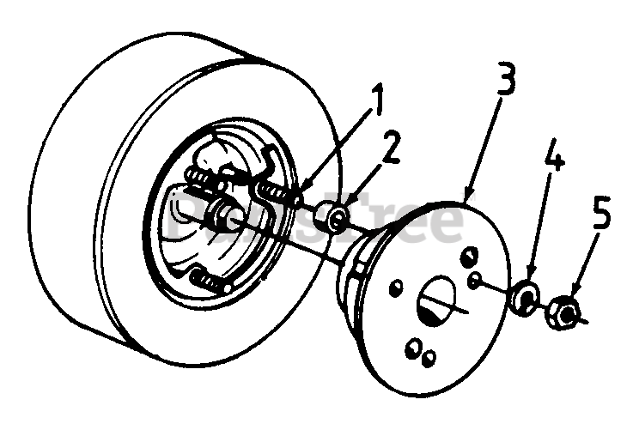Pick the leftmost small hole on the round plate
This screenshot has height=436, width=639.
pyautogui.click(x=395, y=285)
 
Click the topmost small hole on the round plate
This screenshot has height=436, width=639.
pyautogui.click(x=470, y=254)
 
